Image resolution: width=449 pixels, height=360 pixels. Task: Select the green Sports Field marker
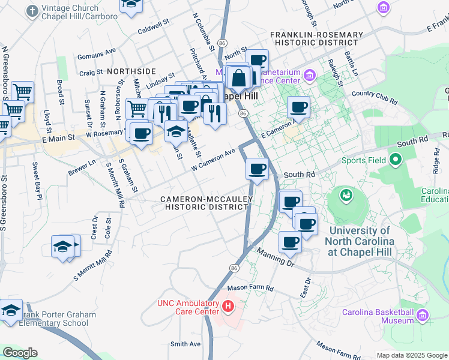coord(395,160)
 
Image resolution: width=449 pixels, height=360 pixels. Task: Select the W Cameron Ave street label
coord(212,159)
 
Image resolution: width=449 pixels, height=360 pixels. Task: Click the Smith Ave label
coord(185,344)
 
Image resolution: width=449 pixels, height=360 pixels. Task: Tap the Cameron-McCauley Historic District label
coord(206,203)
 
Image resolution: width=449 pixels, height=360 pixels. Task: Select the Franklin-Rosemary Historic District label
coord(316,39)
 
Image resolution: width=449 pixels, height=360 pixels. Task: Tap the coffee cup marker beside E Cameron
coord(298,108)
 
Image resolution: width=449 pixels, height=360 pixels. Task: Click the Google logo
coord(20,353)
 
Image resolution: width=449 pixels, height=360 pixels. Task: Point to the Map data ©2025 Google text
coord(412,355)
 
